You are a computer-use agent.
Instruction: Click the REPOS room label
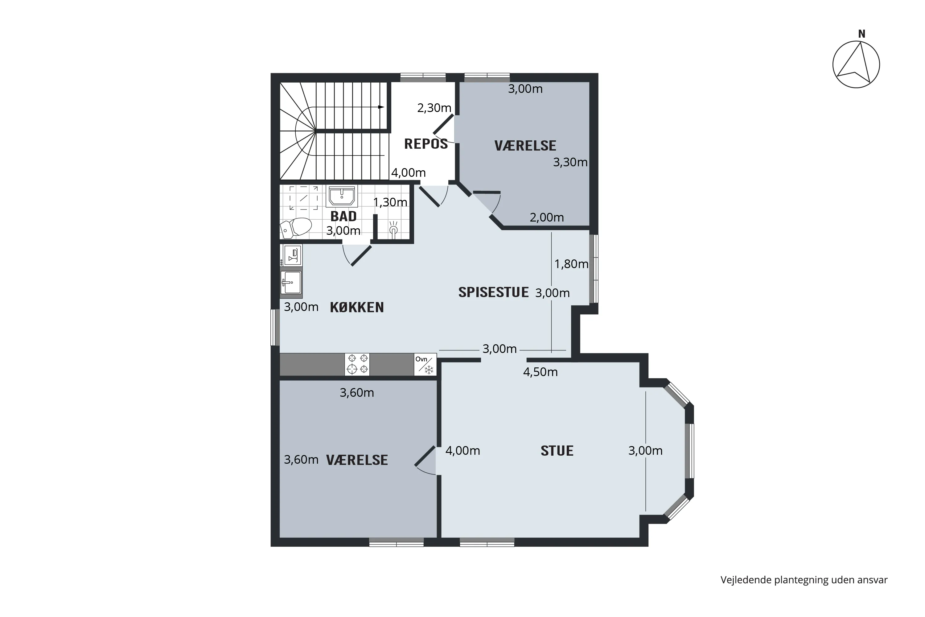coord(426,144)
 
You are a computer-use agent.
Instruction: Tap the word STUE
coord(557,450)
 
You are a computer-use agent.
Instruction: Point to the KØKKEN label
coord(357,307)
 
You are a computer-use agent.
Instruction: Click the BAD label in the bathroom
coord(343,216)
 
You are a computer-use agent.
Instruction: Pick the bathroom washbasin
coord(342,196)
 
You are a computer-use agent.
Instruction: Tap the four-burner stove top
coord(357,364)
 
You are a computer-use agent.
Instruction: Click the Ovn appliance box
coord(425,364)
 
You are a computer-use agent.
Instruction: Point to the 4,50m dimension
coord(541,372)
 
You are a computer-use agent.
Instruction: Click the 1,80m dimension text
coord(571,264)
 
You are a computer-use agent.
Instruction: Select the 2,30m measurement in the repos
coord(434,108)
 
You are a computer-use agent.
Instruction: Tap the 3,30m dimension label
coord(570,162)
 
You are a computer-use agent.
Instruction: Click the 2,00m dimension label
coord(547,217)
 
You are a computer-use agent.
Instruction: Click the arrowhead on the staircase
coord(381,107)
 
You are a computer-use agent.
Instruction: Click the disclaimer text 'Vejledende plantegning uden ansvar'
coord(804,580)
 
